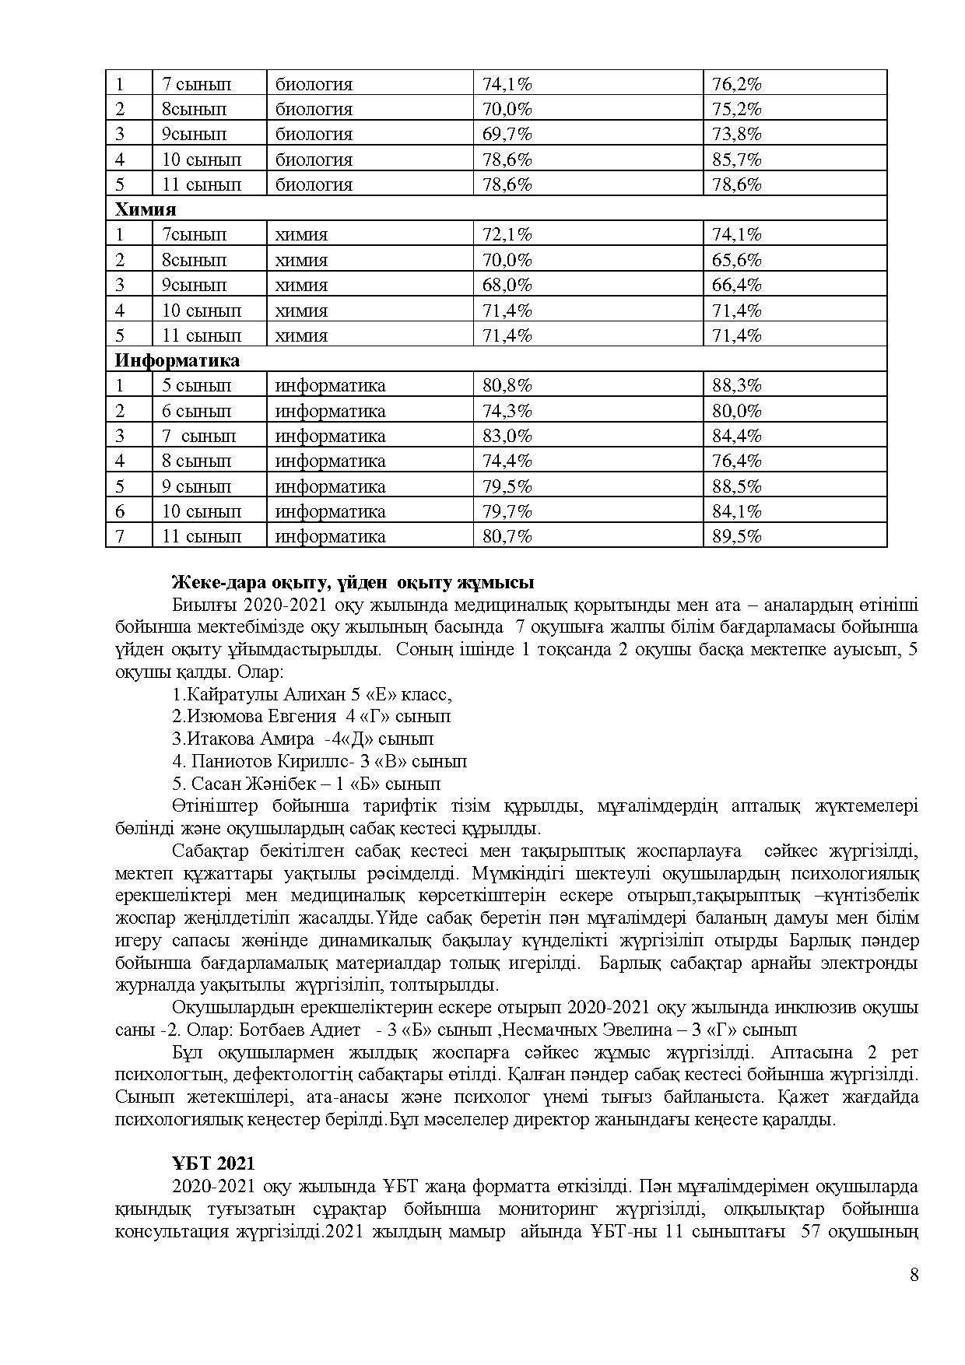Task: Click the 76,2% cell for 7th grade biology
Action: tap(736, 84)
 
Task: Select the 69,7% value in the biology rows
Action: tap(507, 134)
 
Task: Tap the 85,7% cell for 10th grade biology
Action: tap(736, 160)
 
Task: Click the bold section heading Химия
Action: tap(146, 209)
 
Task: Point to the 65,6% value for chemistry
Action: tap(736, 260)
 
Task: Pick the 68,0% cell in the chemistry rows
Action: tap(507, 285)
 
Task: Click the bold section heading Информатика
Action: tap(177, 360)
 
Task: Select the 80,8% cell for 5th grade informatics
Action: tap(507, 385)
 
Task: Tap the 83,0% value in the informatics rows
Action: tap(507, 436)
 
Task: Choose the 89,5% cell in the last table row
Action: tap(736, 536)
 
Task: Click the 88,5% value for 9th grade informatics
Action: tap(736, 486)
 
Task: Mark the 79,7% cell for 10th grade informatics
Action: tap(507, 511)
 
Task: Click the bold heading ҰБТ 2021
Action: tap(213, 1163)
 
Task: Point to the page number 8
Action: tap(914, 1275)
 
